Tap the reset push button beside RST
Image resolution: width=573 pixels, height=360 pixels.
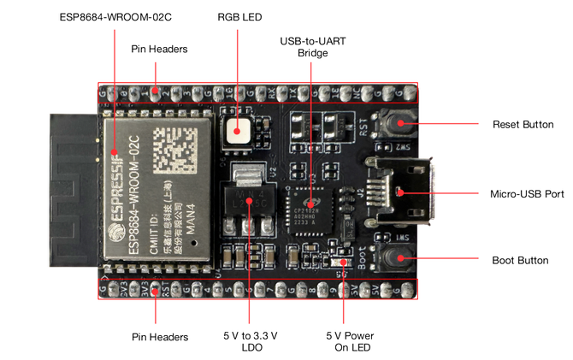tap(399, 125)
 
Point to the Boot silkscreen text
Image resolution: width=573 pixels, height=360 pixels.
tap(363, 257)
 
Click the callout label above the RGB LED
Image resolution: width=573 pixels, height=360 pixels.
tap(239, 15)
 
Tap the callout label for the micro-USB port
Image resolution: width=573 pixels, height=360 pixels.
tap(527, 193)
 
